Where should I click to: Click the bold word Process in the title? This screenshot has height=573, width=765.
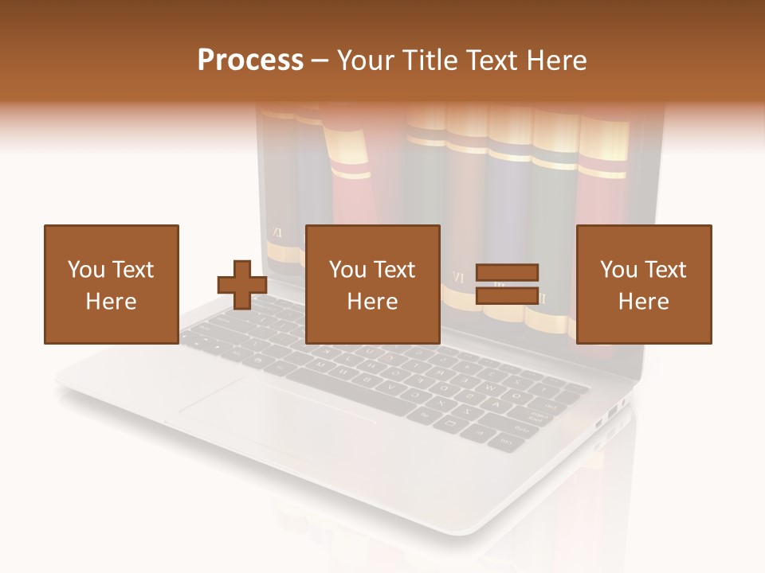(250, 60)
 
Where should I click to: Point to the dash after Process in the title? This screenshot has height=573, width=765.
(320, 61)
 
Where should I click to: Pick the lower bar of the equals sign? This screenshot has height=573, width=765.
(507, 296)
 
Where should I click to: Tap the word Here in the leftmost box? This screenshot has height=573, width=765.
(111, 302)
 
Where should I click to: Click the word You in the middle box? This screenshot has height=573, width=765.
(347, 270)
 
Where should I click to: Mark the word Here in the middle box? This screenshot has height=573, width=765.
(372, 302)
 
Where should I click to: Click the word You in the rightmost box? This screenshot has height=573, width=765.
(618, 270)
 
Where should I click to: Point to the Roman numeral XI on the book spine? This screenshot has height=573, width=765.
(277, 232)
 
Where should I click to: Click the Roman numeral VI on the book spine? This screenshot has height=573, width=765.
(457, 278)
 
